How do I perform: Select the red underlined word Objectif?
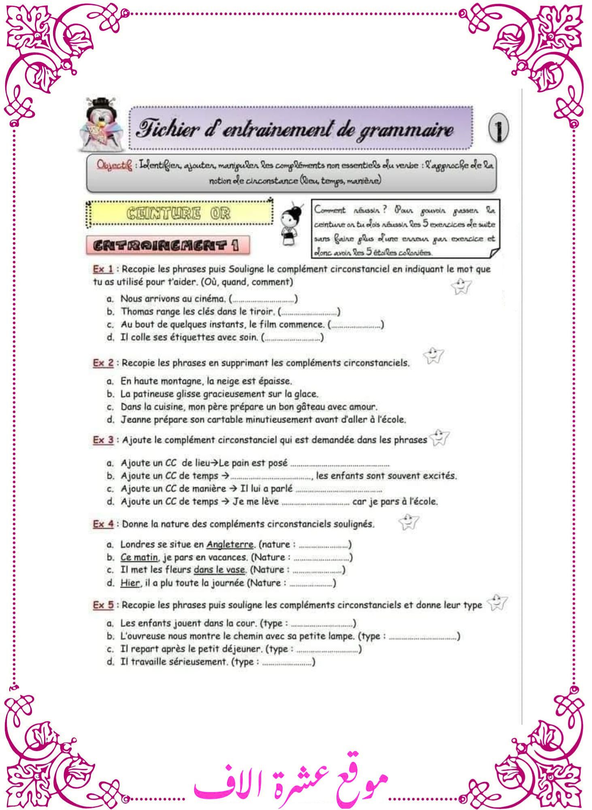pos(114,165)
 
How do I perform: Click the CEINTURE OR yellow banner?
pos(179,213)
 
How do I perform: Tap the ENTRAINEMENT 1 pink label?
pos(167,245)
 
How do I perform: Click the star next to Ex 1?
pos(461,286)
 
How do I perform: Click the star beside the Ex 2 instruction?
pos(434,356)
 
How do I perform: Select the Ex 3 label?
pos(103,440)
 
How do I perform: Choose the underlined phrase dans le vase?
pos(219,570)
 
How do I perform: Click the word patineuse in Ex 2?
pos(154,394)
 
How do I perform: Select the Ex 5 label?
pos(103,605)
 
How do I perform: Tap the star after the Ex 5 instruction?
pos(497,602)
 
